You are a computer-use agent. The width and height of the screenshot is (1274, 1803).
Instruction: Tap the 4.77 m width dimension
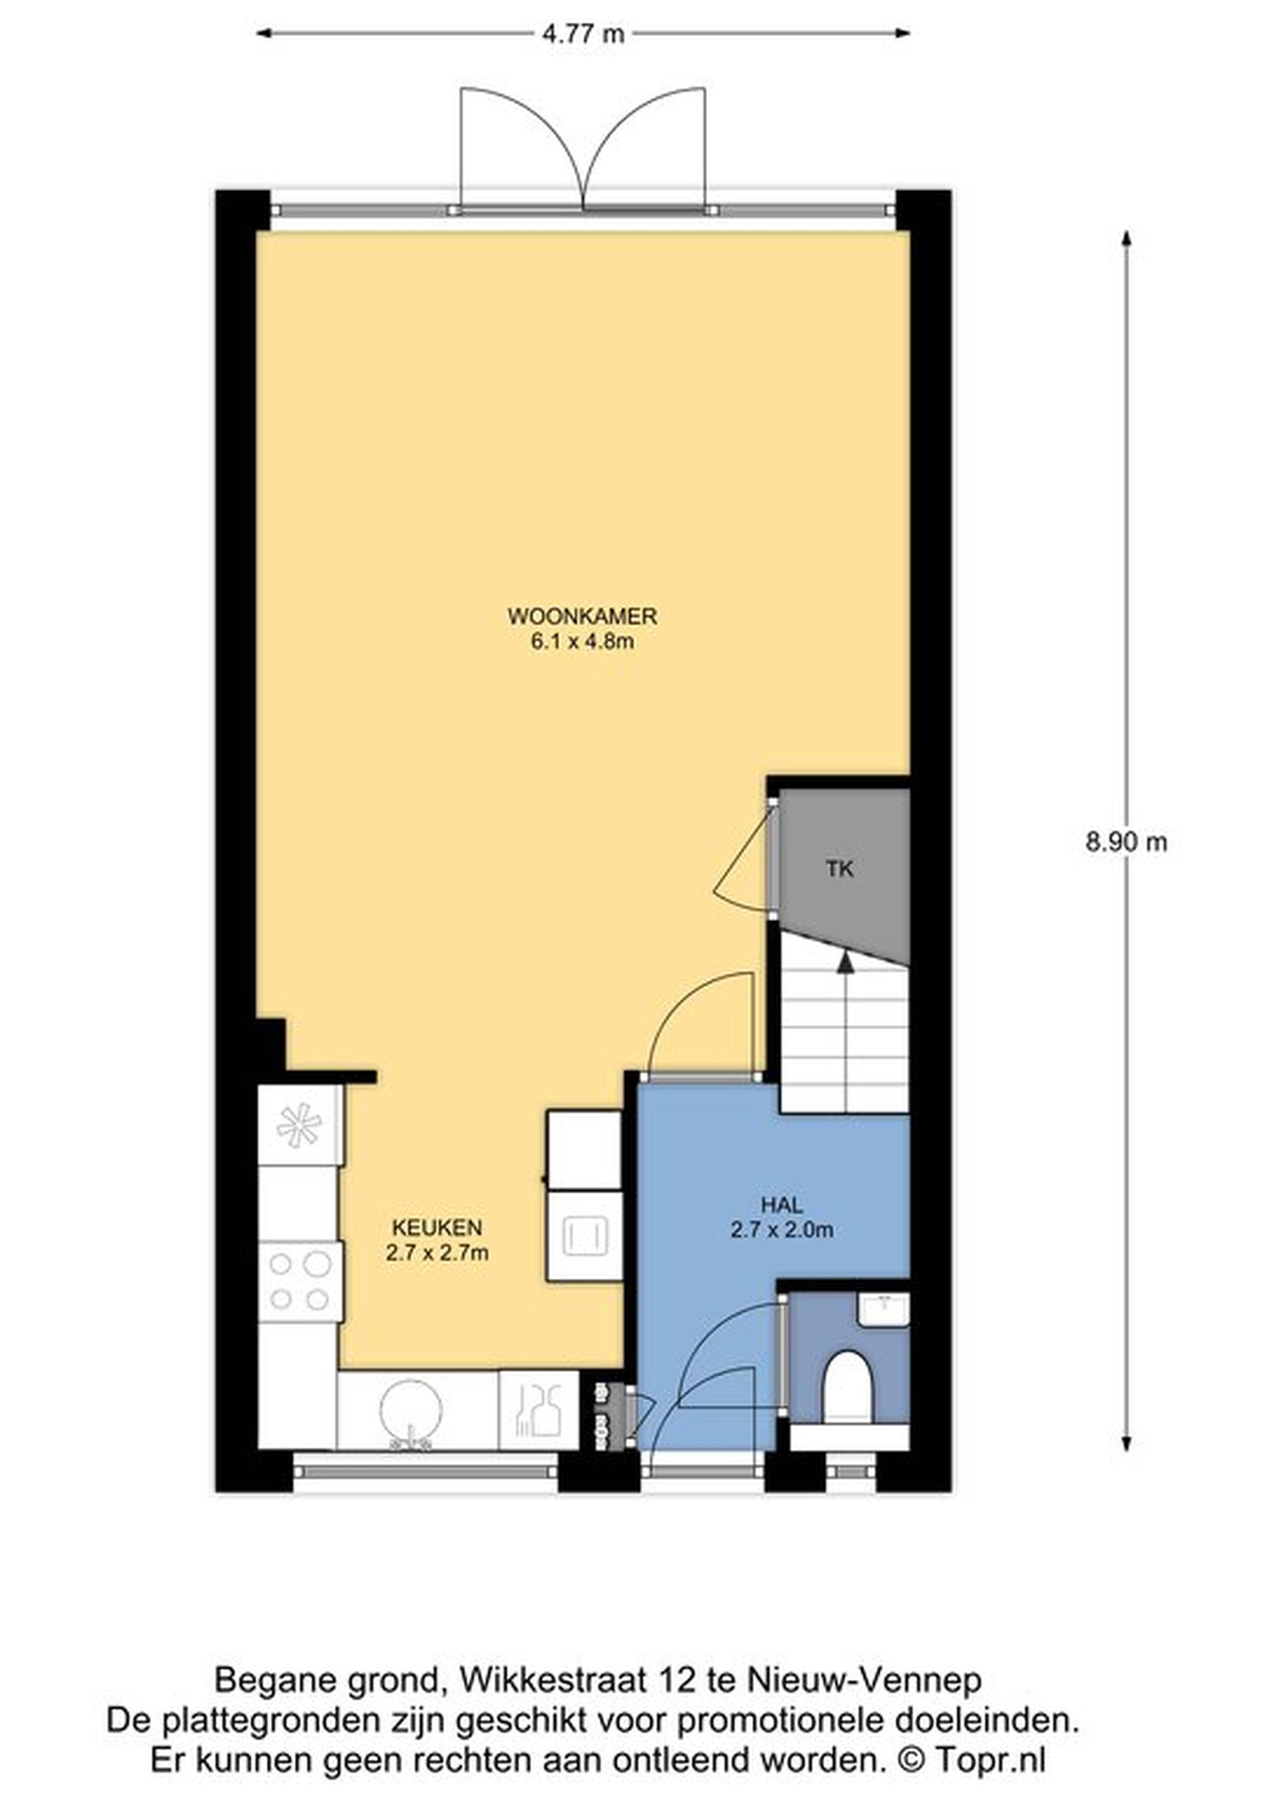(x=583, y=34)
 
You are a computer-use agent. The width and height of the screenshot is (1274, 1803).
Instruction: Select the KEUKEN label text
(x=437, y=1227)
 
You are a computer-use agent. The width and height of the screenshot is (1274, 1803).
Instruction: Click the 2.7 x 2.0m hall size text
(x=782, y=1230)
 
